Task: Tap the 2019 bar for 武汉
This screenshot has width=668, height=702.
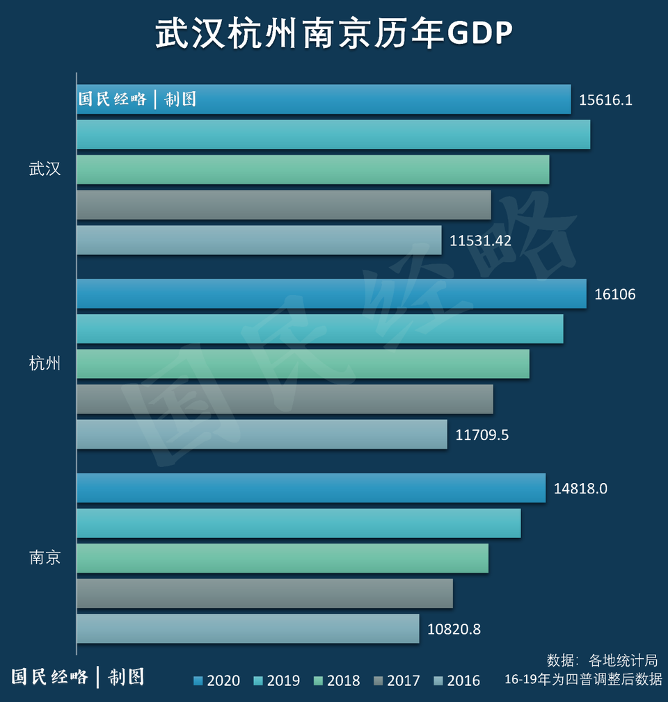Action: click(x=333, y=134)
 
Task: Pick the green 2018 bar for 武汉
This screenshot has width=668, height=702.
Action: click(x=312, y=170)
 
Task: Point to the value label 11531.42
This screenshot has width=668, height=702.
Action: click(x=481, y=241)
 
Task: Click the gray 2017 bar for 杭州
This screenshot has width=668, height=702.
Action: click(x=285, y=399)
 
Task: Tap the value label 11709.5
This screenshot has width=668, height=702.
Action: click(x=482, y=435)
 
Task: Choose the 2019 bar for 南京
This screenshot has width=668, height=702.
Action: click(x=299, y=523)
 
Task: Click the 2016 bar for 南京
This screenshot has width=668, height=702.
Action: click(x=248, y=628)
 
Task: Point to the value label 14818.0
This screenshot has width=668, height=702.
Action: click(x=581, y=489)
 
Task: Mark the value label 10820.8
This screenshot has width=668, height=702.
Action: click(x=454, y=630)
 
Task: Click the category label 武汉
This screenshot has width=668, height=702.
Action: click(x=45, y=169)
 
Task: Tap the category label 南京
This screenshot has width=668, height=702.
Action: click(x=45, y=557)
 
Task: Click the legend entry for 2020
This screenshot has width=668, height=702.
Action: click(x=216, y=680)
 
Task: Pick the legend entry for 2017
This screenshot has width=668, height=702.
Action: click(x=397, y=680)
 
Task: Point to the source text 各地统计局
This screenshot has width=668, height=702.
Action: click(x=623, y=660)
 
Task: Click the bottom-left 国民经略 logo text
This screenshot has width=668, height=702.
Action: click(x=50, y=676)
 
